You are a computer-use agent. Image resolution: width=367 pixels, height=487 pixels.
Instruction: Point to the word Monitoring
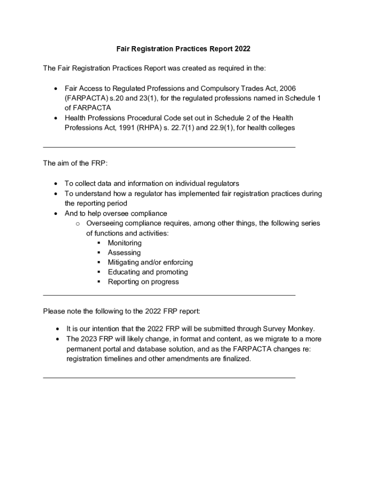[x=124, y=243]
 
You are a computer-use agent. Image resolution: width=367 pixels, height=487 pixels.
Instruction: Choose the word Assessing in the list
[x=124, y=253]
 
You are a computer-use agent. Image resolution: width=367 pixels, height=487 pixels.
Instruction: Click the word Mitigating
[x=124, y=263]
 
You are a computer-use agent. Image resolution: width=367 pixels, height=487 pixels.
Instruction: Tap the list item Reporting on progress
[x=143, y=282]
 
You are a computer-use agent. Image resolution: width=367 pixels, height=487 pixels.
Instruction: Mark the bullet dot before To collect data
[x=56, y=184]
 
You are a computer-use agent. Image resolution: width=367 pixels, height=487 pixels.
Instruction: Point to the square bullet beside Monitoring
[x=99, y=243]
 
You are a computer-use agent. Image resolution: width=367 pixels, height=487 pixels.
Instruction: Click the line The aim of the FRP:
[x=75, y=163]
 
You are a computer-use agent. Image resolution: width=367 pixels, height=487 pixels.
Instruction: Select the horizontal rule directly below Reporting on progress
[x=169, y=295]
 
